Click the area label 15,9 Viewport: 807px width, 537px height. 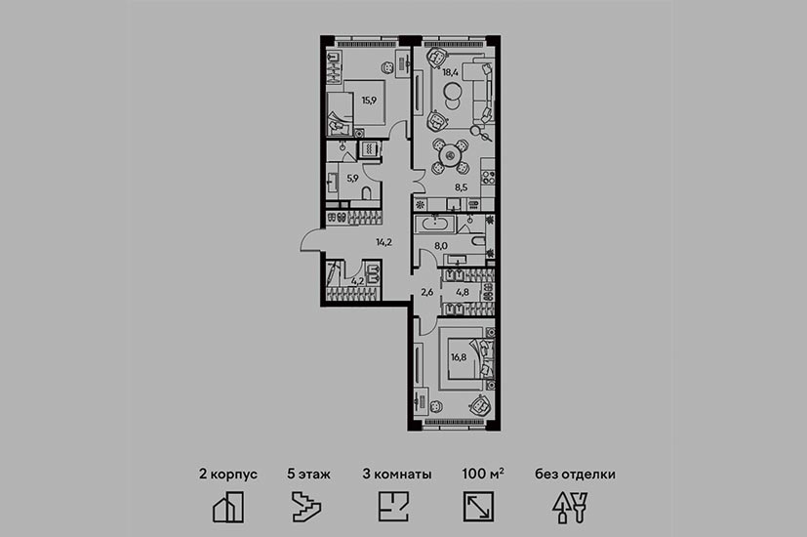(369, 101)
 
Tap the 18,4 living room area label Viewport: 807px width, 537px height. (450, 72)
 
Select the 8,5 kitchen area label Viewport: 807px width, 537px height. (462, 187)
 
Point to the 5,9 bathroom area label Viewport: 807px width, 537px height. (352, 179)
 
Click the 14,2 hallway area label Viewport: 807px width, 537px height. (383, 241)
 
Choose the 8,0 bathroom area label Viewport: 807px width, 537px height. (441, 246)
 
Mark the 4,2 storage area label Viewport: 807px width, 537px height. (358, 281)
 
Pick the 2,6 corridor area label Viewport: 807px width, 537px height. (427, 292)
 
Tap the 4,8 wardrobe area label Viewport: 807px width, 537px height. (463, 292)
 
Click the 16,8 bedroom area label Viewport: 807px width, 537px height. (459, 356)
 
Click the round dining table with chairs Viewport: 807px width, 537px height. (451, 154)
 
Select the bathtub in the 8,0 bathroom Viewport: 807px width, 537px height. (435, 225)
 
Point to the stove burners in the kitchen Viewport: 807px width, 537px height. (489, 178)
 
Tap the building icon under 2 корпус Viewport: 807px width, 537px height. (228, 507)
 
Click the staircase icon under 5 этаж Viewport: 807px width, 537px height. (306, 507)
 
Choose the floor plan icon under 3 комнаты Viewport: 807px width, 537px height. (393, 507)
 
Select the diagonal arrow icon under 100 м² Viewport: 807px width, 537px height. (479, 507)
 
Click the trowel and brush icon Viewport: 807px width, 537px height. (570, 508)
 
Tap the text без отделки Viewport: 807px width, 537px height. (575, 475)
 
